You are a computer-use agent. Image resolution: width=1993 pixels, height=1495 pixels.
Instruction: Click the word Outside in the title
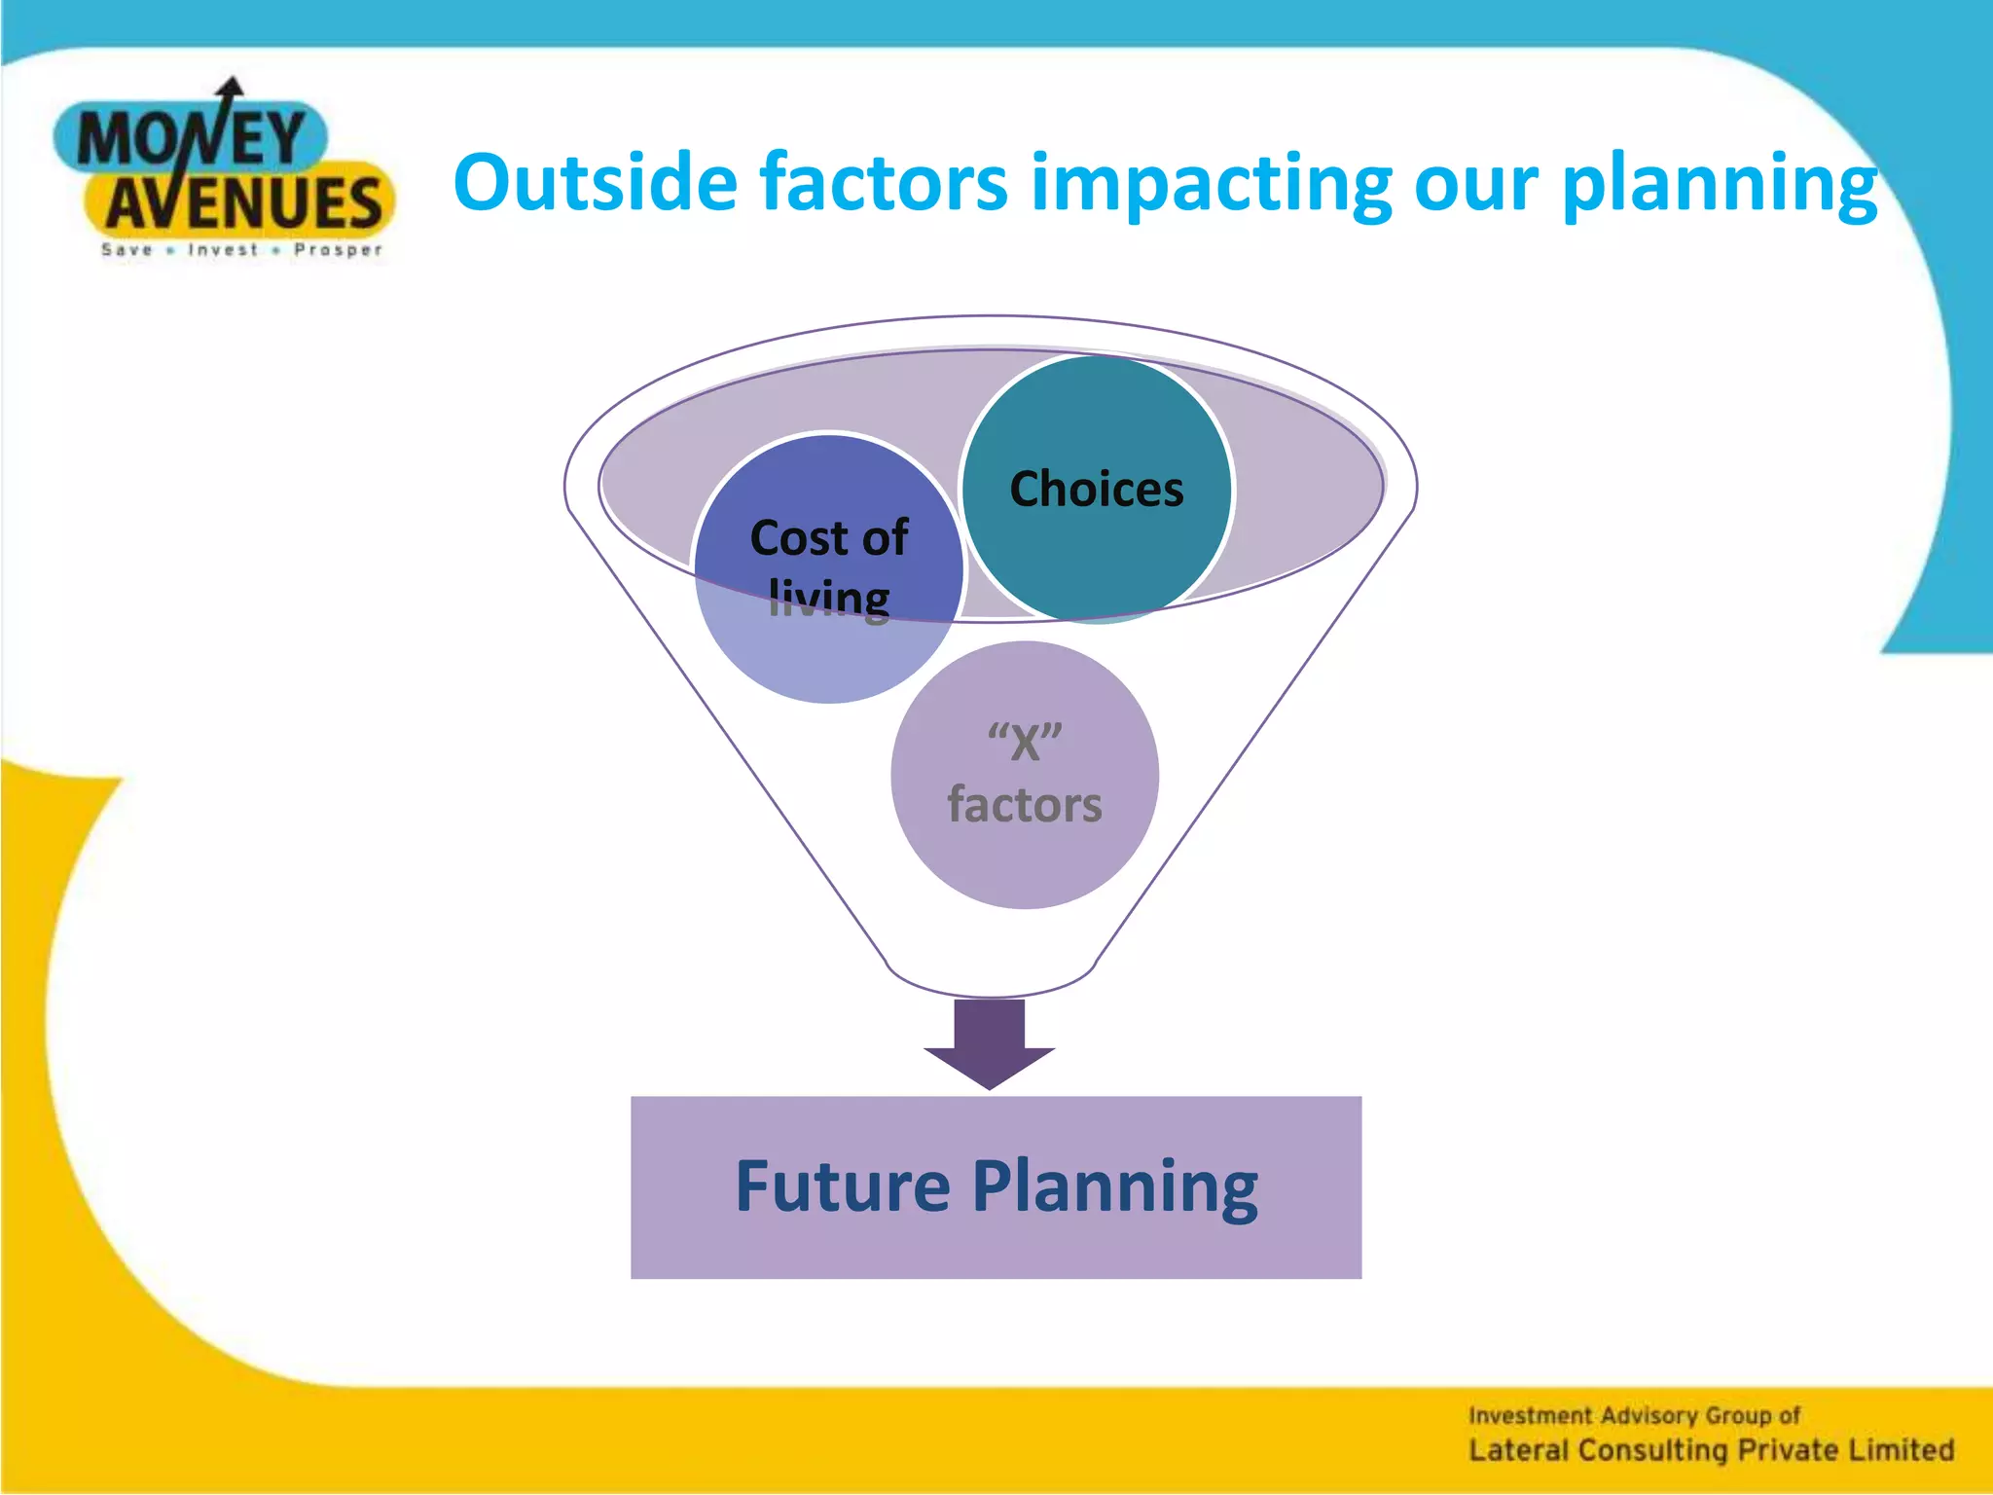click(x=595, y=182)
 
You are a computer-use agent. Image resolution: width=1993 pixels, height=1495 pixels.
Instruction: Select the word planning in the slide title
click(x=1719, y=182)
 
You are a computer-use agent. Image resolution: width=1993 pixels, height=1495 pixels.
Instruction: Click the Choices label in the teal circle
click(x=1097, y=489)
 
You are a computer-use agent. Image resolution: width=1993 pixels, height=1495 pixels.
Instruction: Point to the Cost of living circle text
click(x=829, y=566)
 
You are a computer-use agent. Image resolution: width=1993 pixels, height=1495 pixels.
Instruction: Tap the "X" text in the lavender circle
click(x=1025, y=744)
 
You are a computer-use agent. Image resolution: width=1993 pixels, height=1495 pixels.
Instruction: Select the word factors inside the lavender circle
click(x=1025, y=806)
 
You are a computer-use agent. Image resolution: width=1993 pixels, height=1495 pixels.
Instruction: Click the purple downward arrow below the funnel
click(x=990, y=1043)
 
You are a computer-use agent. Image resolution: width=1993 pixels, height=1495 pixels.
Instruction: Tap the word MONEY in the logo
click(x=191, y=138)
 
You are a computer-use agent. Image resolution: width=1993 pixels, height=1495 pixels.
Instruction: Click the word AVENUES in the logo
click(x=243, y=203)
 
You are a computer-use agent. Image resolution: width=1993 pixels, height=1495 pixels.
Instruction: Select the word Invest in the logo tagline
click(x=223, y=250)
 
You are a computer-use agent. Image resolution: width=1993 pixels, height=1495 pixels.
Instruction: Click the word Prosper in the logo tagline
click(x=338, y=250)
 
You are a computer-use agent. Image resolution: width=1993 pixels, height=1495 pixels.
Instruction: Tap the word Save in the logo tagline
click(x=127, y=250)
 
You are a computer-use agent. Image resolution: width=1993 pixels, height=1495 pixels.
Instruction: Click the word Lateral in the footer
click(x=1518, y=1450)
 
